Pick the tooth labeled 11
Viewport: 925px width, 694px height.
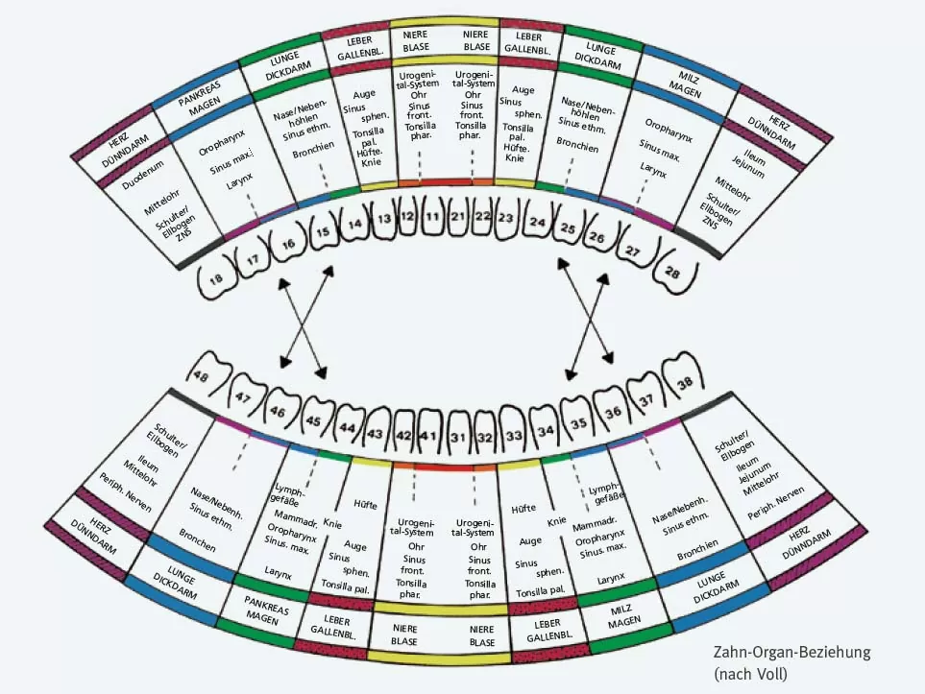point(432,218)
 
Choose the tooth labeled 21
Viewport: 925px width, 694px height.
point(458,218)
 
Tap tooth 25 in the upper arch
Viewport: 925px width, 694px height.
point(568,231)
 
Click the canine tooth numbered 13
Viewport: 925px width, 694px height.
point(383,220)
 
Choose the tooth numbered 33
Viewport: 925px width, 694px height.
point(514,435)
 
